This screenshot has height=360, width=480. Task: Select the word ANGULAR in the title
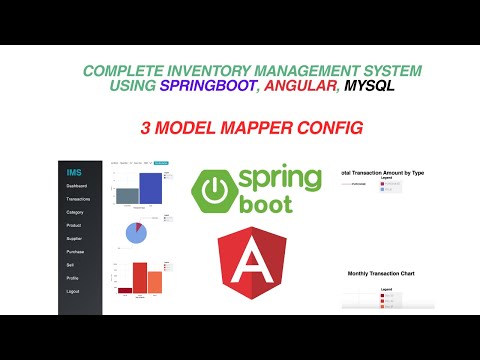coord(291,87)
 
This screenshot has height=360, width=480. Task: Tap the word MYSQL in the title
coord(366,87)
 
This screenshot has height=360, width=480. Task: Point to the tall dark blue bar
coord(150,188)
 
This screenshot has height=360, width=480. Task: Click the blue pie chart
coord(137,233)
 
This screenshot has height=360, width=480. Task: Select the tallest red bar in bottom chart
coord(140,278)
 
